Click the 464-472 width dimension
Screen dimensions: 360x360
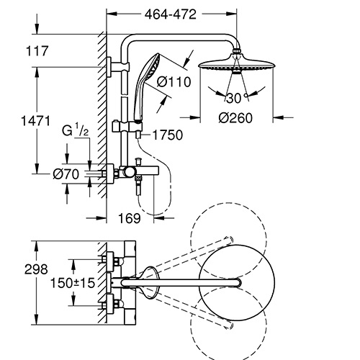[x=171, y=14]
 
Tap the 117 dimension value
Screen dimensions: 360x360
[x=37, y=51]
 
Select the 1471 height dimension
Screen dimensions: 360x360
[x=36, y=120]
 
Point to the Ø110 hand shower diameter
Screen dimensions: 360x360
[x=174, y=82]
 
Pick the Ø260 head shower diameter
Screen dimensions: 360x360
[x=235, y=118]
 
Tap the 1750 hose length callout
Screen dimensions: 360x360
[x=168, y=135]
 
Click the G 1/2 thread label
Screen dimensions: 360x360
[x=76, y=130]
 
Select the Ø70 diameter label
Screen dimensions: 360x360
[x=66, y=174]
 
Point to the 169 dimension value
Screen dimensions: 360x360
[x=130, y=218]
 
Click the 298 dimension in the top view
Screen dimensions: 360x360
[x=36, y=269]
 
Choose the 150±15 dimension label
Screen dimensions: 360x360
[x=73, y=283]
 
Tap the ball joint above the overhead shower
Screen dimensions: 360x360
[x=236, y=51]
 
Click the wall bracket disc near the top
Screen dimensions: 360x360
[x=109, y=68]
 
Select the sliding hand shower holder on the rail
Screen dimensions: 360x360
[x=127, y=126]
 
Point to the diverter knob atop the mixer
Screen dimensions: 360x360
[x=138, y=161]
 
